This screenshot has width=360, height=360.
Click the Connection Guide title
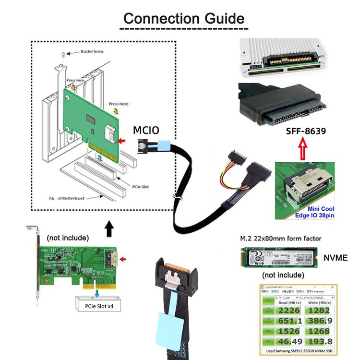(184, 19)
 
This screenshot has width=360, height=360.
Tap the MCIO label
(146, 130)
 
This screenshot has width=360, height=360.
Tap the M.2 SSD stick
(278, 258)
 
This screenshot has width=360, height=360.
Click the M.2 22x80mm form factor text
(281, 238)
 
